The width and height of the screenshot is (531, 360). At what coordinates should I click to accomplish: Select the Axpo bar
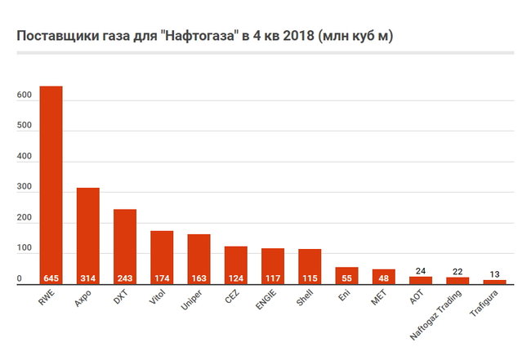88,233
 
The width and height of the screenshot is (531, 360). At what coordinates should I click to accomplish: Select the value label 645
51,278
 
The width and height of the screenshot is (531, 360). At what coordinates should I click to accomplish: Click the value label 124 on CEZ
235,278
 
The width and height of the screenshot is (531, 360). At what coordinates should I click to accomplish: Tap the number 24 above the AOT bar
421,271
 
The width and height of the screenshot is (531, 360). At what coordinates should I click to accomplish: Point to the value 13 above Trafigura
494,274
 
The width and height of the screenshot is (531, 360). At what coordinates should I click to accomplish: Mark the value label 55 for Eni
346,278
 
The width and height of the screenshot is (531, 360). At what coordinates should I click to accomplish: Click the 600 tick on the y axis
24,95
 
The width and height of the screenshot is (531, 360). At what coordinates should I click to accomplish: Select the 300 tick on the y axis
24,187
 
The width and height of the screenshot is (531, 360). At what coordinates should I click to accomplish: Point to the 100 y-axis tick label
24,248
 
